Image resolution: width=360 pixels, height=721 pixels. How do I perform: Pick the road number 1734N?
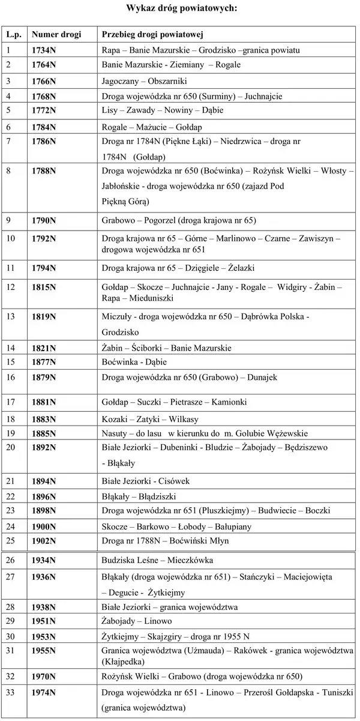click(x=44, y=50)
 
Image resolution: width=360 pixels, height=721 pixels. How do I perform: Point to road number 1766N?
click(x=44, y=80)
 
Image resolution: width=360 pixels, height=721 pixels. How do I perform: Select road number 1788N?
click(x=44, y=171)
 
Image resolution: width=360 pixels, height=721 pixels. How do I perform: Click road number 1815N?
click(x=44, y=288)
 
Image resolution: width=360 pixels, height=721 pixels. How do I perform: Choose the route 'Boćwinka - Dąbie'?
click(x=134, y=362)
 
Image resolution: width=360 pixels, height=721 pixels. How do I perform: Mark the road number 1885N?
click(x=44, y=432)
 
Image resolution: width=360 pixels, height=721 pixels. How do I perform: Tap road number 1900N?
click(x=44, y=526)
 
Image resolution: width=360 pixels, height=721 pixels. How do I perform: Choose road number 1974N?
click(x=44, y=693)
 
